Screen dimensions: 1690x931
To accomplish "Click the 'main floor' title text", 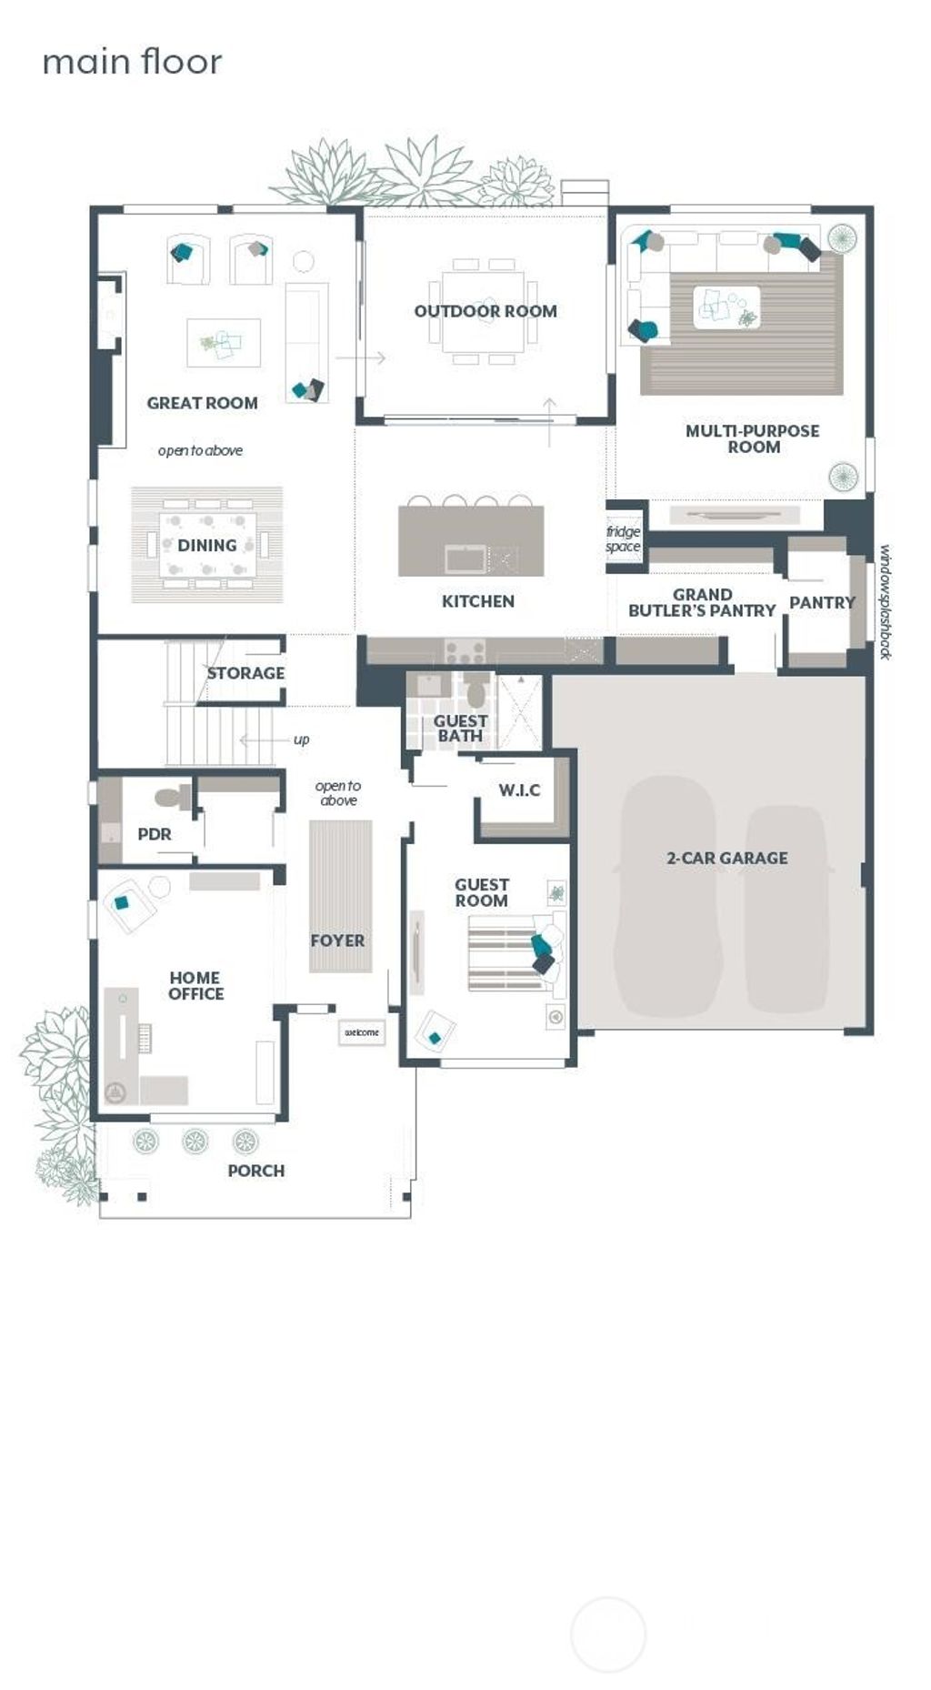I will [x=132, y=62].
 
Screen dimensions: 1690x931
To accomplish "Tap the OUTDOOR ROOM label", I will [x=486, y=311].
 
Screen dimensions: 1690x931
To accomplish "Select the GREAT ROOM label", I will [x=202, y=403].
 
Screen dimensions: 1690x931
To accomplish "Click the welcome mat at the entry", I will [x=361, y=1032].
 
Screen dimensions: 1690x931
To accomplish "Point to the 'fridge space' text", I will [x=624, y=538].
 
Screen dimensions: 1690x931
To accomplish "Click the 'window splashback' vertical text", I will [x=885, y=602].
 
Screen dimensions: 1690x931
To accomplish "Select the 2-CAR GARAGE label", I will [x=726, y=858].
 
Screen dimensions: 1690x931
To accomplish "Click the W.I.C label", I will [x=519, y=790].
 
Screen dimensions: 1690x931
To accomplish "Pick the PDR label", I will [x=154, y=834].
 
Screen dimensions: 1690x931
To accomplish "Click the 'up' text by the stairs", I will [x=301, y=739].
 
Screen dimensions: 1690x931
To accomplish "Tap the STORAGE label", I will [x=245, y=673].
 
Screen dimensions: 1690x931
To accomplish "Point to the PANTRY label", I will [x=822, y=602].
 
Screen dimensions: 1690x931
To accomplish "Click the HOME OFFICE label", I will [x=195, y=986].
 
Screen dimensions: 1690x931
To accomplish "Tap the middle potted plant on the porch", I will [x=195, y=1141].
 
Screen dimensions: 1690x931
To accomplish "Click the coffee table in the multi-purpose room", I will [x=726, y=307].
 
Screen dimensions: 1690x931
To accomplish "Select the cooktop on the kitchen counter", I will [x=465, y=651].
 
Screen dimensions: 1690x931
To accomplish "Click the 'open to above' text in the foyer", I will [x=338, y=793].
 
